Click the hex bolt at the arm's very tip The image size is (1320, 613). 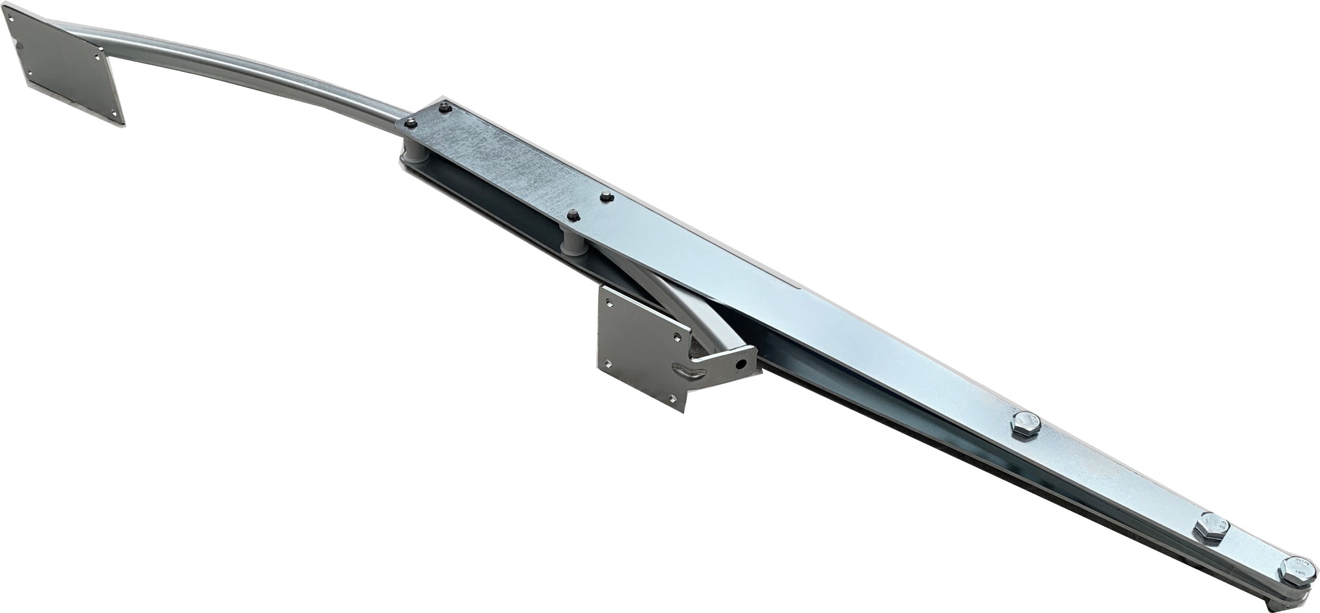pos(1296,582)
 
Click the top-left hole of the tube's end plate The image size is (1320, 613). pos(12,18)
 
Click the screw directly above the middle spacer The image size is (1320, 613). pos(572,215)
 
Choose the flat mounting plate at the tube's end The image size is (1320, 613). pos(62,62)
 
